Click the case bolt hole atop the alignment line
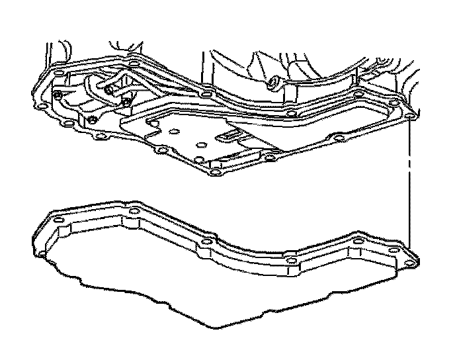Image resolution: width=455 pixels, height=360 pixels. [409, 116]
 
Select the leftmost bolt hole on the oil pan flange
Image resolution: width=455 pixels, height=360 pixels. [58, 218]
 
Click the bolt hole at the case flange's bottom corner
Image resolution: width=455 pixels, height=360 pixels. [214, 174]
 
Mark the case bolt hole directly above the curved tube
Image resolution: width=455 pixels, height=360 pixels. [136, 64]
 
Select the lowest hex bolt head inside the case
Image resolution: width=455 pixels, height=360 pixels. [94, 120]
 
